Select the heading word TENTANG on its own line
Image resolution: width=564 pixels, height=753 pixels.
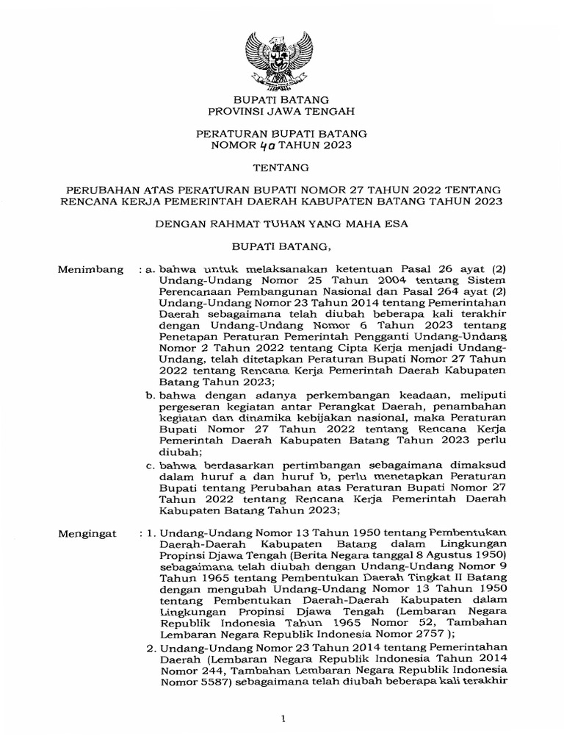click(281, 168)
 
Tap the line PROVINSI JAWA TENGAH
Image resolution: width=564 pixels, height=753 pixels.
click(281, 111)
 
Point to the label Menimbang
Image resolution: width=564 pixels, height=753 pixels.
click(90, 271)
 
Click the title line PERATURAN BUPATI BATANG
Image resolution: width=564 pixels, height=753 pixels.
click(281, 135)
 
